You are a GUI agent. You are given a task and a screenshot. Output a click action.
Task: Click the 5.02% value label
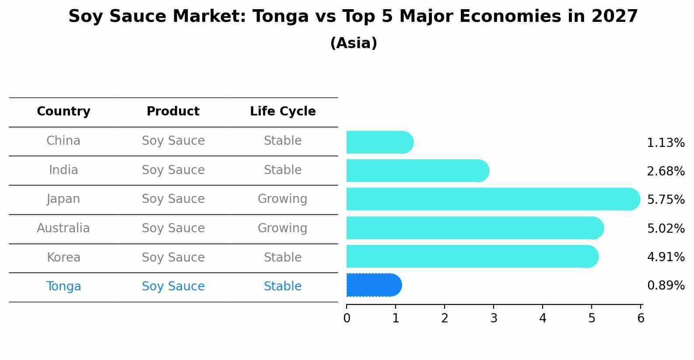(x=666, y=228)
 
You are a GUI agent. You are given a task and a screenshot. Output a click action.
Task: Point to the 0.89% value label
(x=666, y=286)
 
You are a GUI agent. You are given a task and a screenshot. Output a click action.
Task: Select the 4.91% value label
(x=666, y=257)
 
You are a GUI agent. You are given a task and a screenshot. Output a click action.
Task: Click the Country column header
(x=63, y=112)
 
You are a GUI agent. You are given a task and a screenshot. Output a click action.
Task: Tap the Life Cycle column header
(x=283, y=112)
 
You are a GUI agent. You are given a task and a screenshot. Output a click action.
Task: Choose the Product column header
(x=173, y=112)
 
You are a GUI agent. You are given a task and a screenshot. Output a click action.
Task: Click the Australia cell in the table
(x=63, y=228)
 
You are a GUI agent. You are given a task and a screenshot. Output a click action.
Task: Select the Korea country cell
(x=63, y=257)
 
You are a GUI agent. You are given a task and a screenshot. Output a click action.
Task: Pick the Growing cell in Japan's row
(x=283, y=199)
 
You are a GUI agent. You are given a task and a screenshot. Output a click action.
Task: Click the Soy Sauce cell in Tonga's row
(x=173, y=287)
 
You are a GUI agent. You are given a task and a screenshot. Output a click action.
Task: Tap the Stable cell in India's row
(x=283, y=170)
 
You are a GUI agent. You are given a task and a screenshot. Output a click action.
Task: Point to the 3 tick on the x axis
(x=494, y=318)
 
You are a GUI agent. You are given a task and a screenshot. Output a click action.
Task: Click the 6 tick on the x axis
(x=641, y=318)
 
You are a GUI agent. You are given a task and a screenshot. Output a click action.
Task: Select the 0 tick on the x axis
(x=347, y=318)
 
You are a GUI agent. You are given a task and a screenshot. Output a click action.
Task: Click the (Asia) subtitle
(x=354, y=43)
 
